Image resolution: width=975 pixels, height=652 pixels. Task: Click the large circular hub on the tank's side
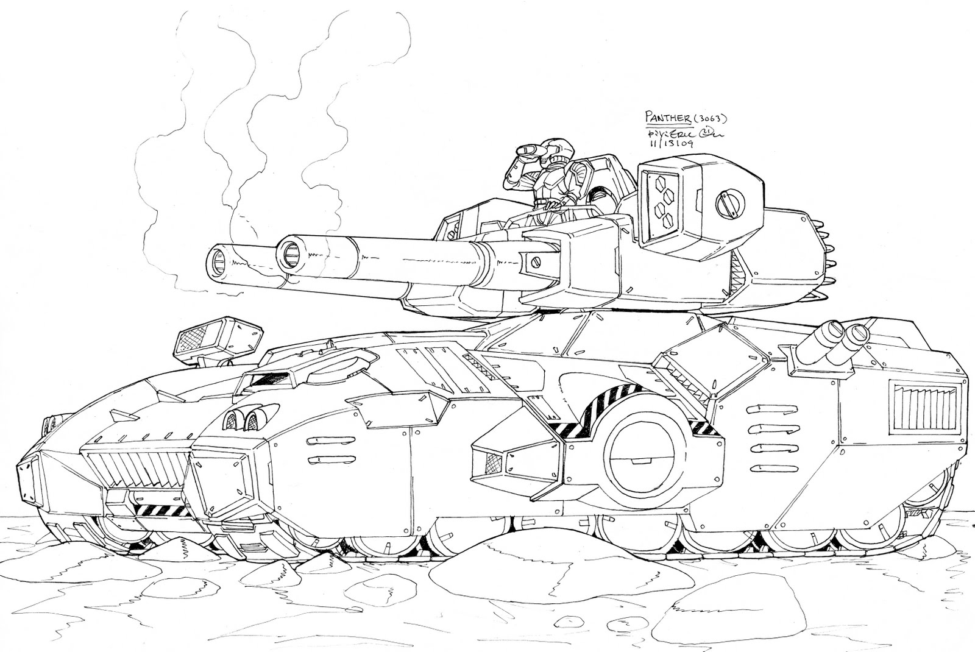[x=641, y=450]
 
